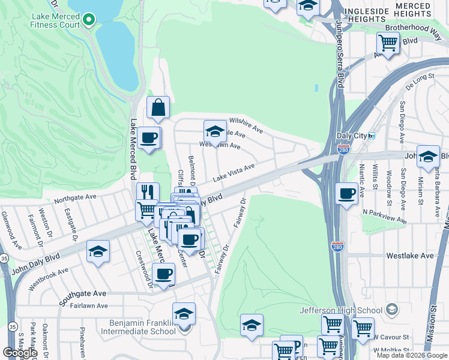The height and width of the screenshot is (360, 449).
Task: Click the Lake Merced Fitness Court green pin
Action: coord(89,20)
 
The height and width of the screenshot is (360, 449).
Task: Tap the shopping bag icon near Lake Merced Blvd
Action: coord(158,108)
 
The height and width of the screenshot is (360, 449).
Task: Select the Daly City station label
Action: coord(355,136)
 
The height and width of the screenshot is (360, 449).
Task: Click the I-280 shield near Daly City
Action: coord(343,149)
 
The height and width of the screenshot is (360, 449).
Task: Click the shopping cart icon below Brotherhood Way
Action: coord(388,43)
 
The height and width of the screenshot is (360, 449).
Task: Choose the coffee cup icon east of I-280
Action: coord(347,194)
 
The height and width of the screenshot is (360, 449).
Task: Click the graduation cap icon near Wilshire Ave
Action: coord(215,131)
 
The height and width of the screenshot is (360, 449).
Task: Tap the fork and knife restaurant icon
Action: coord(148,193)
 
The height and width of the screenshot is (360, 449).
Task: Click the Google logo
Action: coord(20,353)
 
